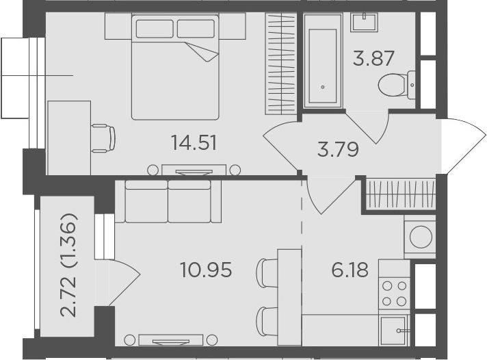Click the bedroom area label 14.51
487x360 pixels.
coord(194,142)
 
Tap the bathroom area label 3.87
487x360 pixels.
coord(373,58)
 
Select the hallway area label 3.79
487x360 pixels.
coord(338,149)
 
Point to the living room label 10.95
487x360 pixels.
coord(206,270)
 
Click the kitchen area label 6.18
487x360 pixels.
coord(350,270)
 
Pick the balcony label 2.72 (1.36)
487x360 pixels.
coord(68,265)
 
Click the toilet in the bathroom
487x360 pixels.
coord(397,85)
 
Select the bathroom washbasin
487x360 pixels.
coord(365,22)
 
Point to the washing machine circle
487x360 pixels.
coord(421,237)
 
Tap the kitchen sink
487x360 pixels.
coord(394,331)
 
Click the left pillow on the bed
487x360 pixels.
coord(155,29)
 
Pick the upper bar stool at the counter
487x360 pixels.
coord(267,272)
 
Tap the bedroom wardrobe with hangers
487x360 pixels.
coord(280,64)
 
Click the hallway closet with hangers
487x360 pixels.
coord(401,194)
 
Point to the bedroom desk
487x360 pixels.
coord(69,138)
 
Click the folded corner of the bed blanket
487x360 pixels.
coord(202,51)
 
